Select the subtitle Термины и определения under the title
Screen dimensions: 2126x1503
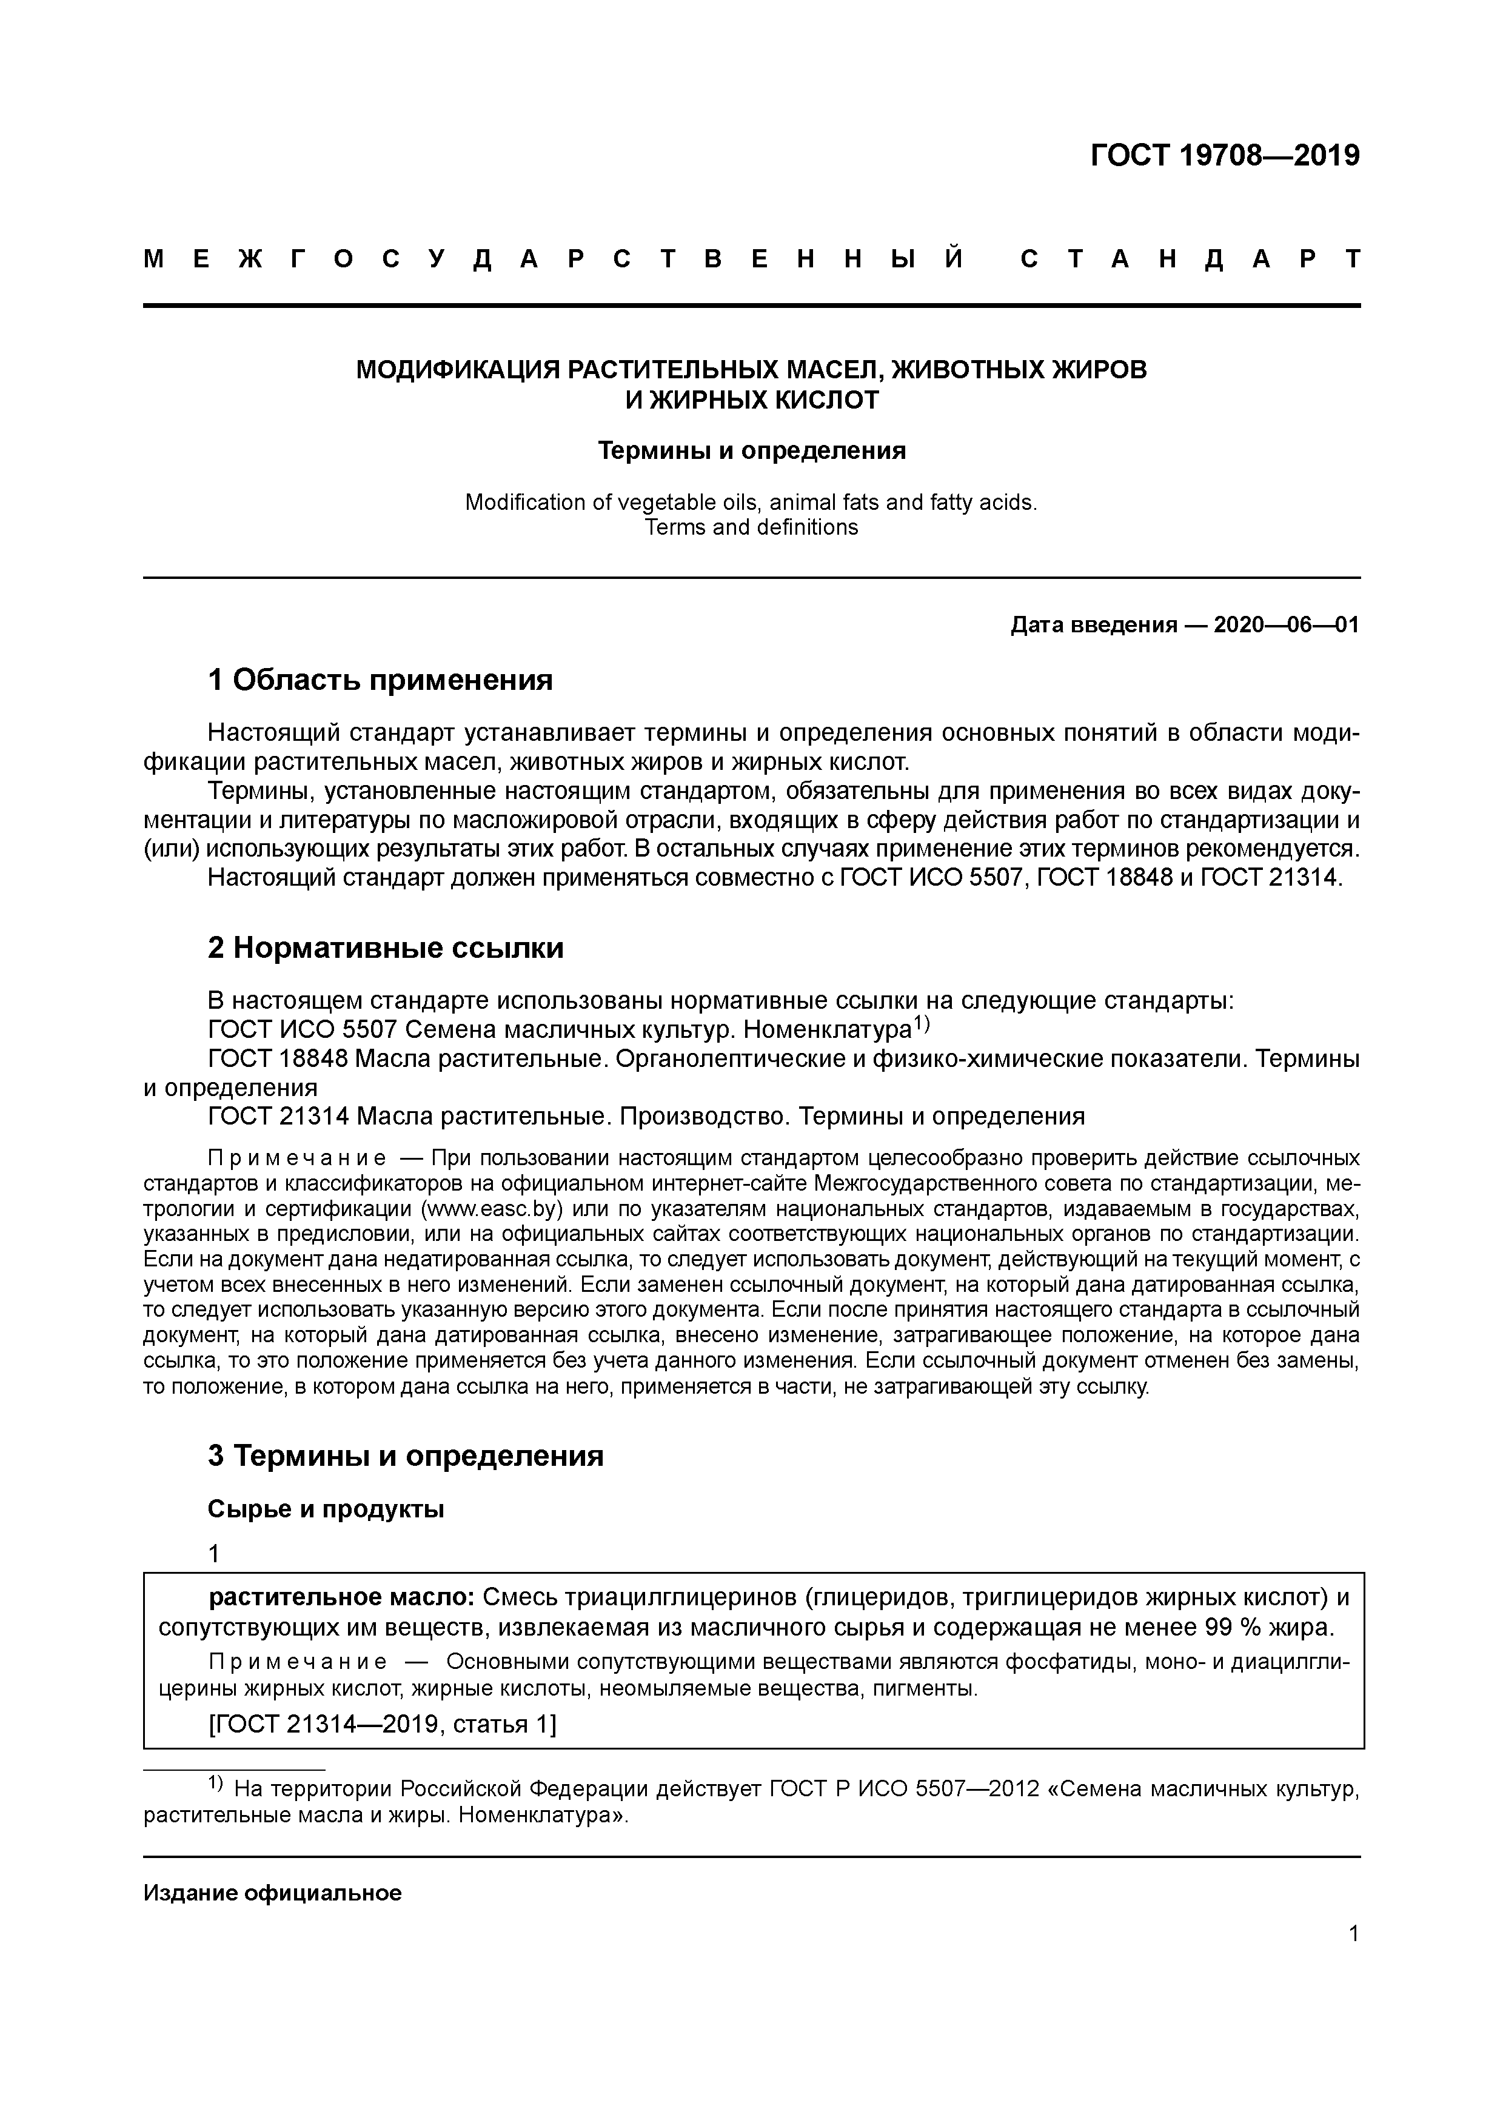tap(751, 451)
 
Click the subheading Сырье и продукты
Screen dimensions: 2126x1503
tap(326, 1509)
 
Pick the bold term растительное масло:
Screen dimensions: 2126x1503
tap(342, 1597)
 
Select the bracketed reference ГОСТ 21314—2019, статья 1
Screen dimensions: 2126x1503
tap(383, 1724)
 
